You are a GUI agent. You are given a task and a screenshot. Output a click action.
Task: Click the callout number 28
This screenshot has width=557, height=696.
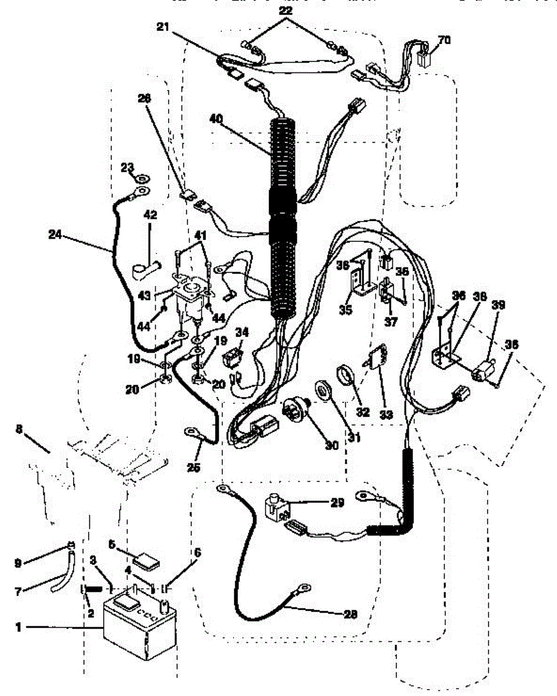pyautogui.click(x=350, y=613)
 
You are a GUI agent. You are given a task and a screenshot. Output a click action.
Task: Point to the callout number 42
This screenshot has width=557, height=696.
pyautogui.click(x=150, y=214)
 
